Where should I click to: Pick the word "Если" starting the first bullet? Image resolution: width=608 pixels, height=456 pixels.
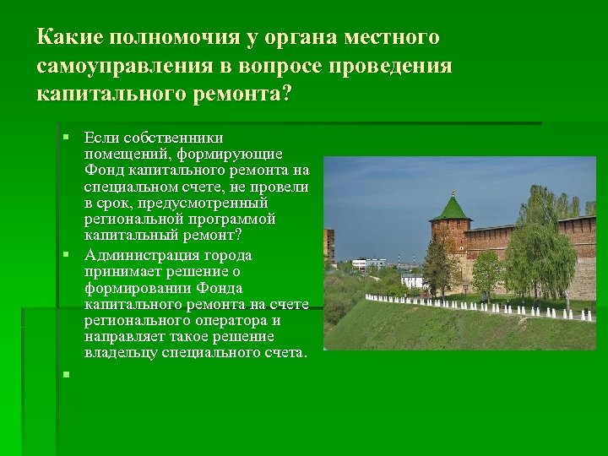tap(101, 137)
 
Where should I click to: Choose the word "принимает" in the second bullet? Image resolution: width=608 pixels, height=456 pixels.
tap(118, 271)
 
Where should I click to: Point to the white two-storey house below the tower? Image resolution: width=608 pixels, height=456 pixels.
tap(412, 280)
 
